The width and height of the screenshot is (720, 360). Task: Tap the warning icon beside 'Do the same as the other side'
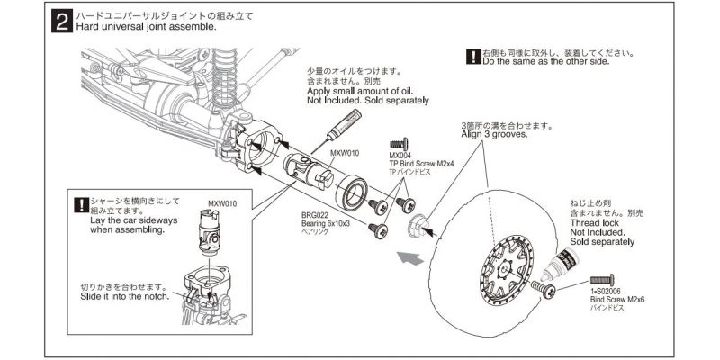(473, 56)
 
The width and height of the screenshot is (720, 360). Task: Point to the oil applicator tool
(337, 130)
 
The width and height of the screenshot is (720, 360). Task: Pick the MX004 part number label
(400, 155)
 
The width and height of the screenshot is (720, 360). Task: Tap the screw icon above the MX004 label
(399, 142)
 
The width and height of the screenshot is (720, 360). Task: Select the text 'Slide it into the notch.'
(124, 296)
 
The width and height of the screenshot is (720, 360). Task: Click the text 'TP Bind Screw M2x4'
(422, 163)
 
